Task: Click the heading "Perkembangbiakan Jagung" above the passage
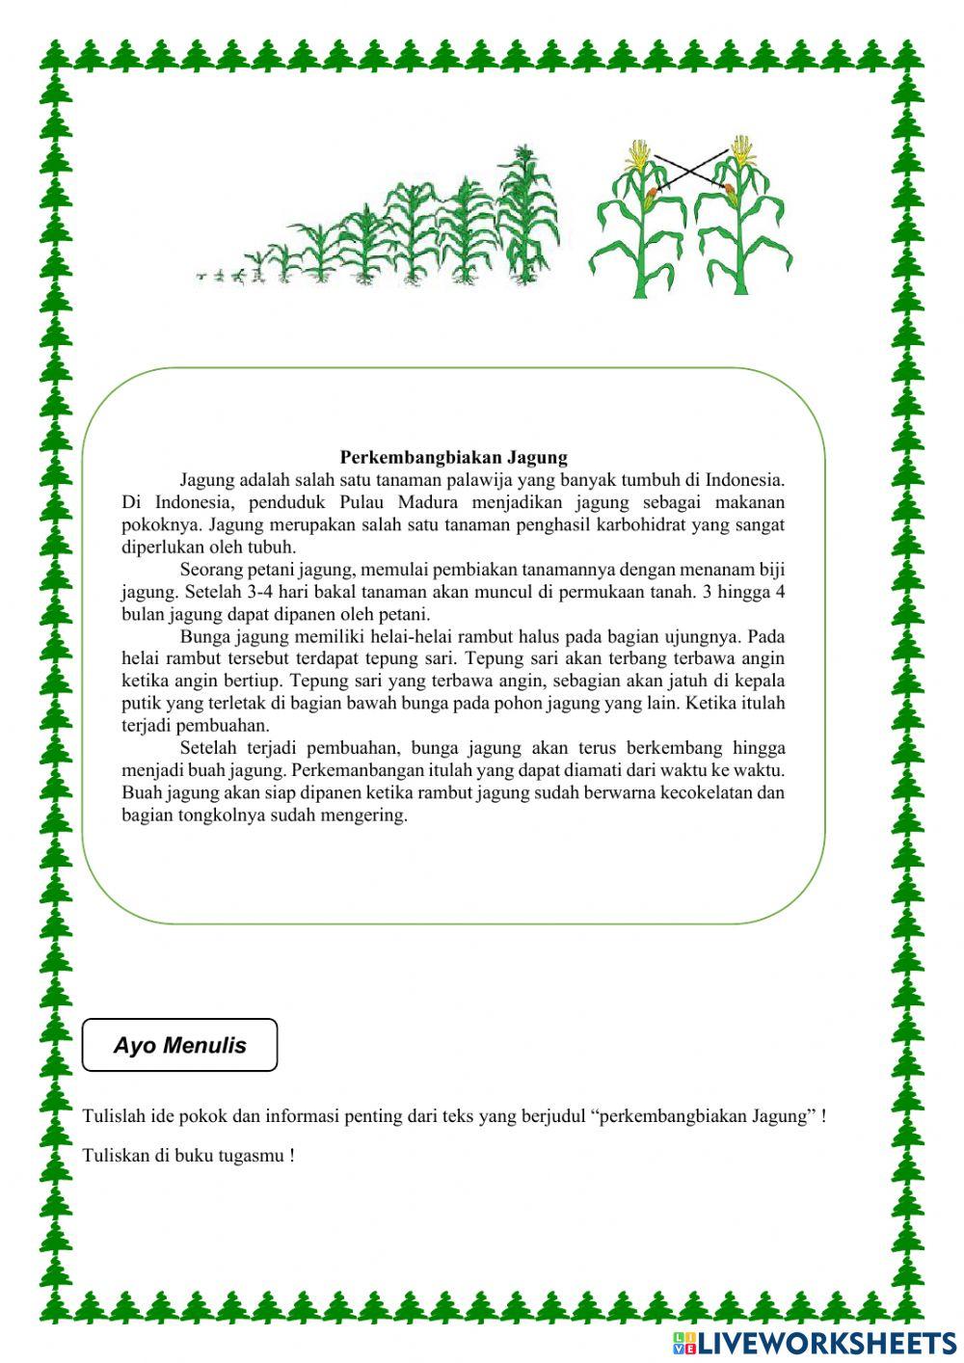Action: pos(454,457)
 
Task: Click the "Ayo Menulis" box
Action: pos(180,1045)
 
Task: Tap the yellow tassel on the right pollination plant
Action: pos(741,150)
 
